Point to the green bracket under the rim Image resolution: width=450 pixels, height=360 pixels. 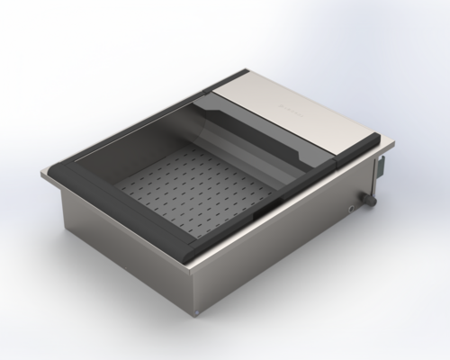382,166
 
